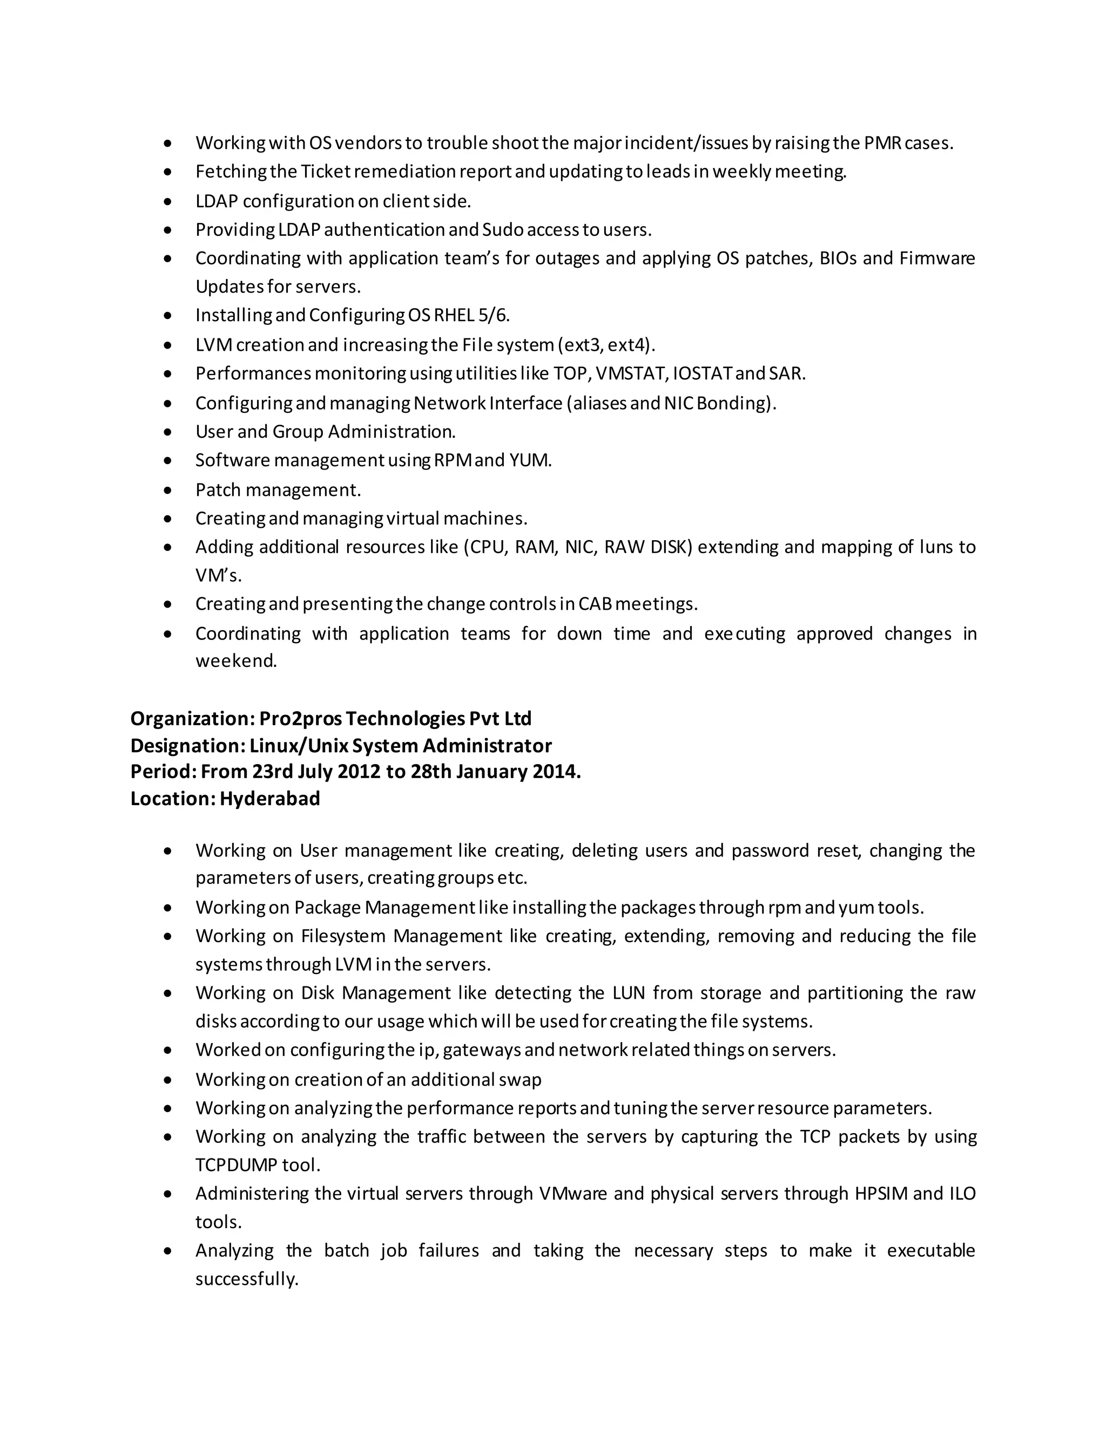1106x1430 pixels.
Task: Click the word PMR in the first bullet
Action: pyautogui.click(x=882, y=143)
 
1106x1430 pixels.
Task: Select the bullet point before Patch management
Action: pyautogui.click(x=168, y=491)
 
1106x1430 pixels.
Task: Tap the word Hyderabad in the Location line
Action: pyautogui.click(x=270, y=799)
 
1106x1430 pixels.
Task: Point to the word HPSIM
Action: pyautogui.click(x=881, y=1194)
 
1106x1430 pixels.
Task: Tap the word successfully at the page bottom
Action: pyautogui.click(x=246, y=1279)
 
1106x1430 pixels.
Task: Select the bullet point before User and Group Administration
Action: pyautogui.click(x=168, y=432)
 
